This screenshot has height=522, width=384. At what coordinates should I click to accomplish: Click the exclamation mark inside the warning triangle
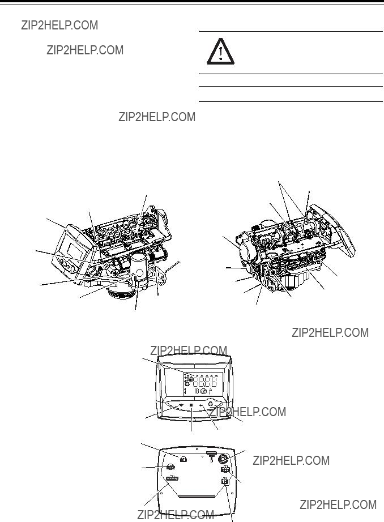[x=221, y=53]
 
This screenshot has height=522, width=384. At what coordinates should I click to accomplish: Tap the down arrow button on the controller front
[x=181, y=405]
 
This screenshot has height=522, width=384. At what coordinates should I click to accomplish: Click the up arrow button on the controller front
[x=201, y=405]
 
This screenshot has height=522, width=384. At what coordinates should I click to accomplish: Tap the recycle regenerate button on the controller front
[x=211, y=404]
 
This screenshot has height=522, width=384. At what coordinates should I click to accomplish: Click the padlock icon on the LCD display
[x=191, y=379]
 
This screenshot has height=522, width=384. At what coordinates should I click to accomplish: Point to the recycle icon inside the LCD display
[x=187, y=383]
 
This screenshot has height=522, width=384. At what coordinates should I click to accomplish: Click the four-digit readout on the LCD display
[x=205, y=382]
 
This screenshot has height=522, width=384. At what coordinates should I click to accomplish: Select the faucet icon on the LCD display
[x=210, y=392]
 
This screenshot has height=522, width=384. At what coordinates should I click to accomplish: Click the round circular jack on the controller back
[x=223, y=459]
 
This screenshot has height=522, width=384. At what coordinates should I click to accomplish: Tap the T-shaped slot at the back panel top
[x=212, y=457]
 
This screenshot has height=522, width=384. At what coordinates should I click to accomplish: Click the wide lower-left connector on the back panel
[x=172, y=478]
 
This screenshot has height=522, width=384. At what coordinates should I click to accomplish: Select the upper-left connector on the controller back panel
[x=170, y=467]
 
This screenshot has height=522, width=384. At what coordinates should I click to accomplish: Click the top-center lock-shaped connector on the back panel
[x=183, y=459]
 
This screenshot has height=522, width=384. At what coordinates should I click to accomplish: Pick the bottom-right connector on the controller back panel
[x=225, y=481]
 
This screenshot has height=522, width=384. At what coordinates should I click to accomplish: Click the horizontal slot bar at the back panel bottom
[x=195, y=497]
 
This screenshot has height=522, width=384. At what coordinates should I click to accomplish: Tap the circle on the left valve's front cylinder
[x=139, y=273]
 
